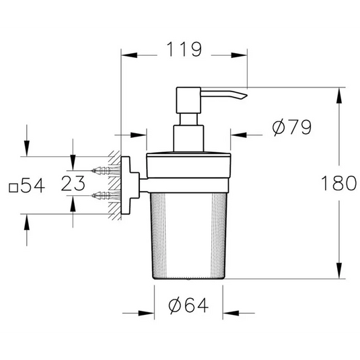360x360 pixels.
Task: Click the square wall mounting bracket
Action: click(127, 183)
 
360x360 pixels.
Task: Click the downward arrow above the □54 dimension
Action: click(26, 151)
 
